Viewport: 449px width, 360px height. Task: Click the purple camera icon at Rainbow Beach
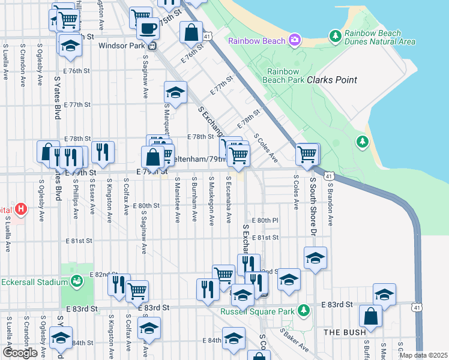pos(295,41)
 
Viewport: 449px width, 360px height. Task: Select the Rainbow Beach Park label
pos(286,74)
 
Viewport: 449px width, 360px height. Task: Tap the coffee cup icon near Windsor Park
pos(147,27)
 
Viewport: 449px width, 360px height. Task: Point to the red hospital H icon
pos(21,209)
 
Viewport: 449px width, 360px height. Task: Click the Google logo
pos(20,352)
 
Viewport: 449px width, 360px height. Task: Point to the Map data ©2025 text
pos(423,355)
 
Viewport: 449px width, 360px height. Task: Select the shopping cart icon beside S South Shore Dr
pos(307,154)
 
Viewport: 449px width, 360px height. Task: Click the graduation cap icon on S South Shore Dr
pos(315,258)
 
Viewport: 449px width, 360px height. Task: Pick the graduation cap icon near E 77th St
pos(175,92)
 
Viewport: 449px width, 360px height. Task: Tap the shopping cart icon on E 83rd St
pos(137,291)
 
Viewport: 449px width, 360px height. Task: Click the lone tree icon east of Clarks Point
pos(362,142)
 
